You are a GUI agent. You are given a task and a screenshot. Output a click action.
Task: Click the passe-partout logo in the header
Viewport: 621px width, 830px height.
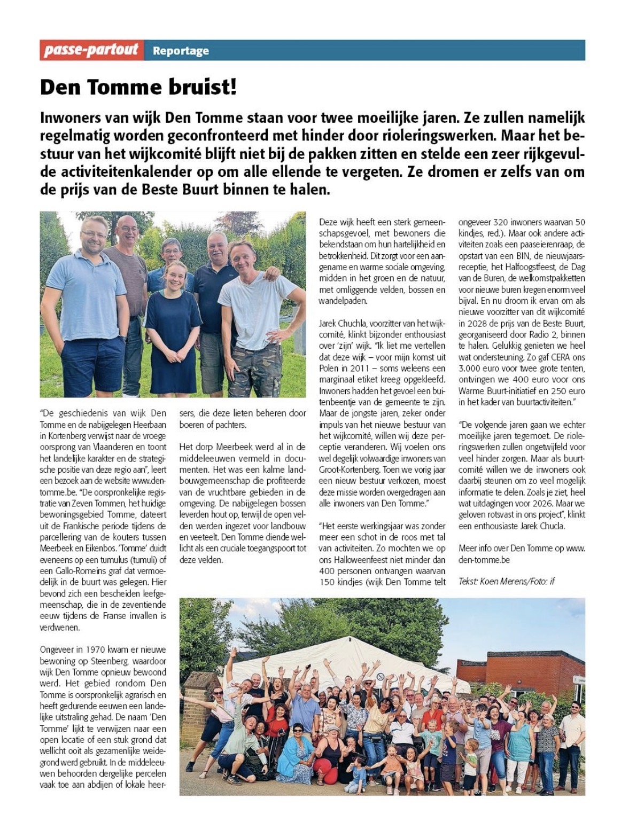point(91,50)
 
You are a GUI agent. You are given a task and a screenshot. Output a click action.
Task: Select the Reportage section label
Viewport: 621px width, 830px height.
point(181,51)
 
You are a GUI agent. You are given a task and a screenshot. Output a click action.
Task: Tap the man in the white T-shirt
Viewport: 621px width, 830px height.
point(257,304)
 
